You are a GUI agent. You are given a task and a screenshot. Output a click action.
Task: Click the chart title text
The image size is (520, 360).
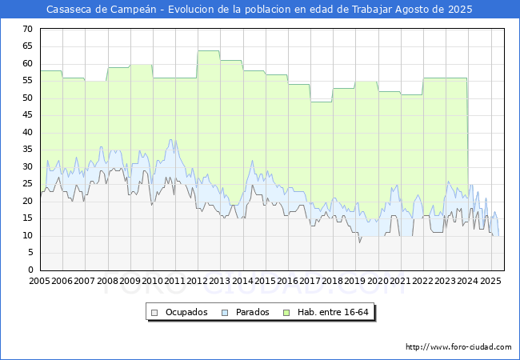coord(259,10)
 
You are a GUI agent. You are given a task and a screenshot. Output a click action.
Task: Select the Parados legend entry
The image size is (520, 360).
coord(253,312)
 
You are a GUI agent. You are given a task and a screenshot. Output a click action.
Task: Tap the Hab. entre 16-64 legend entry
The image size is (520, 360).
coord(331,312)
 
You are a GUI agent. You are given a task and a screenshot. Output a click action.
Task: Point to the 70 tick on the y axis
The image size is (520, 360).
coord(27,29)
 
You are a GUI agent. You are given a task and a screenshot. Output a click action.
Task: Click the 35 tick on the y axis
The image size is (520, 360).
coord(27,150)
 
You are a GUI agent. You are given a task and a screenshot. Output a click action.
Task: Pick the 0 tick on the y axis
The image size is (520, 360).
coord(30,270)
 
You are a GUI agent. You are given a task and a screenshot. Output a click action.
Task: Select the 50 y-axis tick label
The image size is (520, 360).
coord(27,98)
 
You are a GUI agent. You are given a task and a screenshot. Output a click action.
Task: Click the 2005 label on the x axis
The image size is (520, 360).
coord(39,282)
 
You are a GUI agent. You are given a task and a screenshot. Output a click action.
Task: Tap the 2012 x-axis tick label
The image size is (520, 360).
coord(198,282)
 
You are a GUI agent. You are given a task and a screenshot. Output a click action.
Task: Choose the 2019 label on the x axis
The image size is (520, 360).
coord(355,282)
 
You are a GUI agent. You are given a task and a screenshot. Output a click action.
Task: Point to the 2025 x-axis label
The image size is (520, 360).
coord(490,282)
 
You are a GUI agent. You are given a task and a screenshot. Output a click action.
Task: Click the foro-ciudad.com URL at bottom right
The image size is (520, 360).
coord(458,347)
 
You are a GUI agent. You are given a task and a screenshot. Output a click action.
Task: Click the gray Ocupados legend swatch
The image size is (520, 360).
coord(156,312)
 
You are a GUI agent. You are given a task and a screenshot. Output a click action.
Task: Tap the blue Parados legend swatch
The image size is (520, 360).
coord(225,312)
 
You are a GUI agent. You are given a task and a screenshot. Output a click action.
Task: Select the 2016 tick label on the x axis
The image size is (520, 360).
coord(287,282)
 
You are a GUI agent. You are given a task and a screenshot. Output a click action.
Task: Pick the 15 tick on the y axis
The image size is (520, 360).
coord(27,218)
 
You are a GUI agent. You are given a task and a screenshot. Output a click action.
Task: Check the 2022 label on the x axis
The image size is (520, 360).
coord(423,282)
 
